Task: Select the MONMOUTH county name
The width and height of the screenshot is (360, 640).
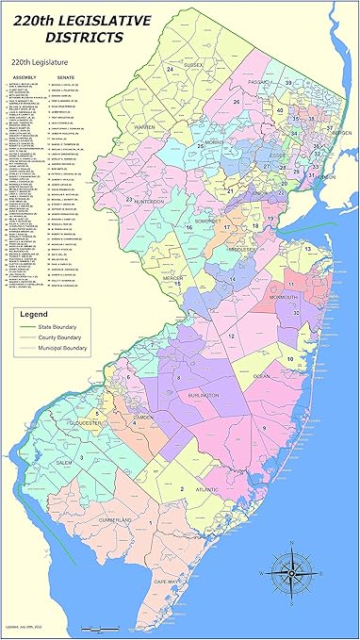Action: [x=286, y=297]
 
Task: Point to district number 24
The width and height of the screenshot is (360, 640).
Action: [x=171, y=70]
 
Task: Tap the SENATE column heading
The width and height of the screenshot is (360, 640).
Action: [x=66, y=77]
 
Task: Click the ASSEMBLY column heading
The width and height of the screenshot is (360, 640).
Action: [x=24, y=77]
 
